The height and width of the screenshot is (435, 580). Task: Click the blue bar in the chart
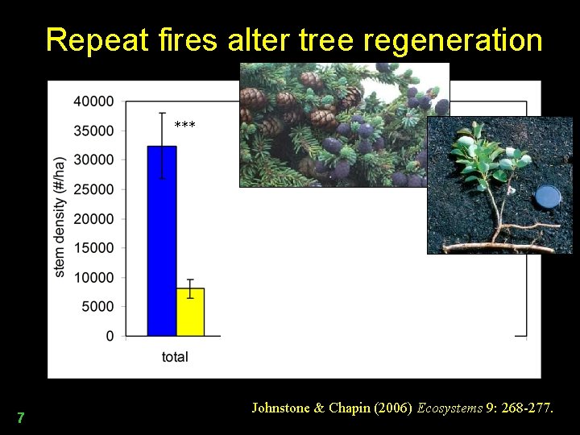[x=161, y=241]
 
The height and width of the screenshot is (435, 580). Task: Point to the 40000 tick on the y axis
[x=94, y=101]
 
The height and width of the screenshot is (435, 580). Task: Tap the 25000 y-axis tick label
[x=94, y=189]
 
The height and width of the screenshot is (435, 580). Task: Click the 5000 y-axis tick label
[x=97, y=307]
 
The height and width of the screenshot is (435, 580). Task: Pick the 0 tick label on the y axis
[x=110, y=336]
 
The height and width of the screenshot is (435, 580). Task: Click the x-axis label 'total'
[x=175, y=357]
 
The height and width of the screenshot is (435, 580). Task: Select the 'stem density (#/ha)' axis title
[x=60, y=217]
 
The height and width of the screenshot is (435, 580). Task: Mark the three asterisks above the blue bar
[x=184, y=125]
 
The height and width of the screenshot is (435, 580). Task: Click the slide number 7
[x=21, y=418]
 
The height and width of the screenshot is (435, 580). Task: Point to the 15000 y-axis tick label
[x=94, y=248]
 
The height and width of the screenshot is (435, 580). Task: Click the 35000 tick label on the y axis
[x=94, y=130]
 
